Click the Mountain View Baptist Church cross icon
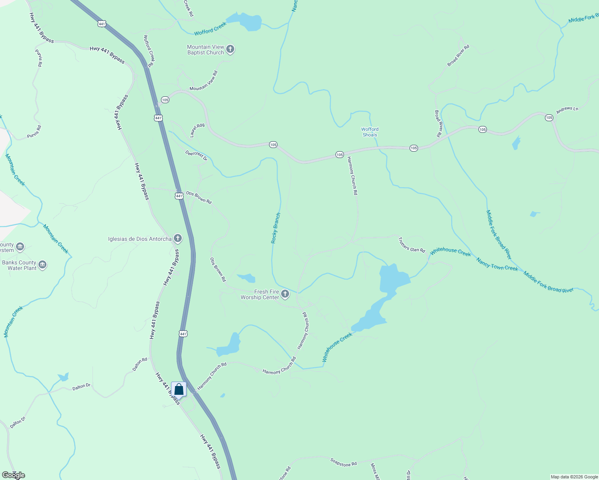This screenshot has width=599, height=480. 230,49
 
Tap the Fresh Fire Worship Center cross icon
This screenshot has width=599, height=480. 285,294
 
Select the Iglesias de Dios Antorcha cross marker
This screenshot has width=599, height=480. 178,239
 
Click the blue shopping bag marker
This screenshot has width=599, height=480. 179,390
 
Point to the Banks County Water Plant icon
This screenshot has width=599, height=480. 42,265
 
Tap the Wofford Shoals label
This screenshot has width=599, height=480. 370,132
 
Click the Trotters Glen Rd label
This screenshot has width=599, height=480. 412,245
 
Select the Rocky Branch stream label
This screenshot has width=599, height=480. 276,228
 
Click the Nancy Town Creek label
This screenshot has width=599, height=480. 497,264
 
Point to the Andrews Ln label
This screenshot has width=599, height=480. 567,110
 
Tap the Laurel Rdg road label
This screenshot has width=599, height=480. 197,130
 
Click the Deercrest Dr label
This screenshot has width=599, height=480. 196,156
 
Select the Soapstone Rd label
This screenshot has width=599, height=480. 344,462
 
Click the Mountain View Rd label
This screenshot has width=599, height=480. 204,81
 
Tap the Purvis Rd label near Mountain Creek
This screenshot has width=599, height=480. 34,132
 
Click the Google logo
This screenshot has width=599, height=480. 13,475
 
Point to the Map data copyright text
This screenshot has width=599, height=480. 574,477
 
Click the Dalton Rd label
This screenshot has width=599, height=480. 140,364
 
